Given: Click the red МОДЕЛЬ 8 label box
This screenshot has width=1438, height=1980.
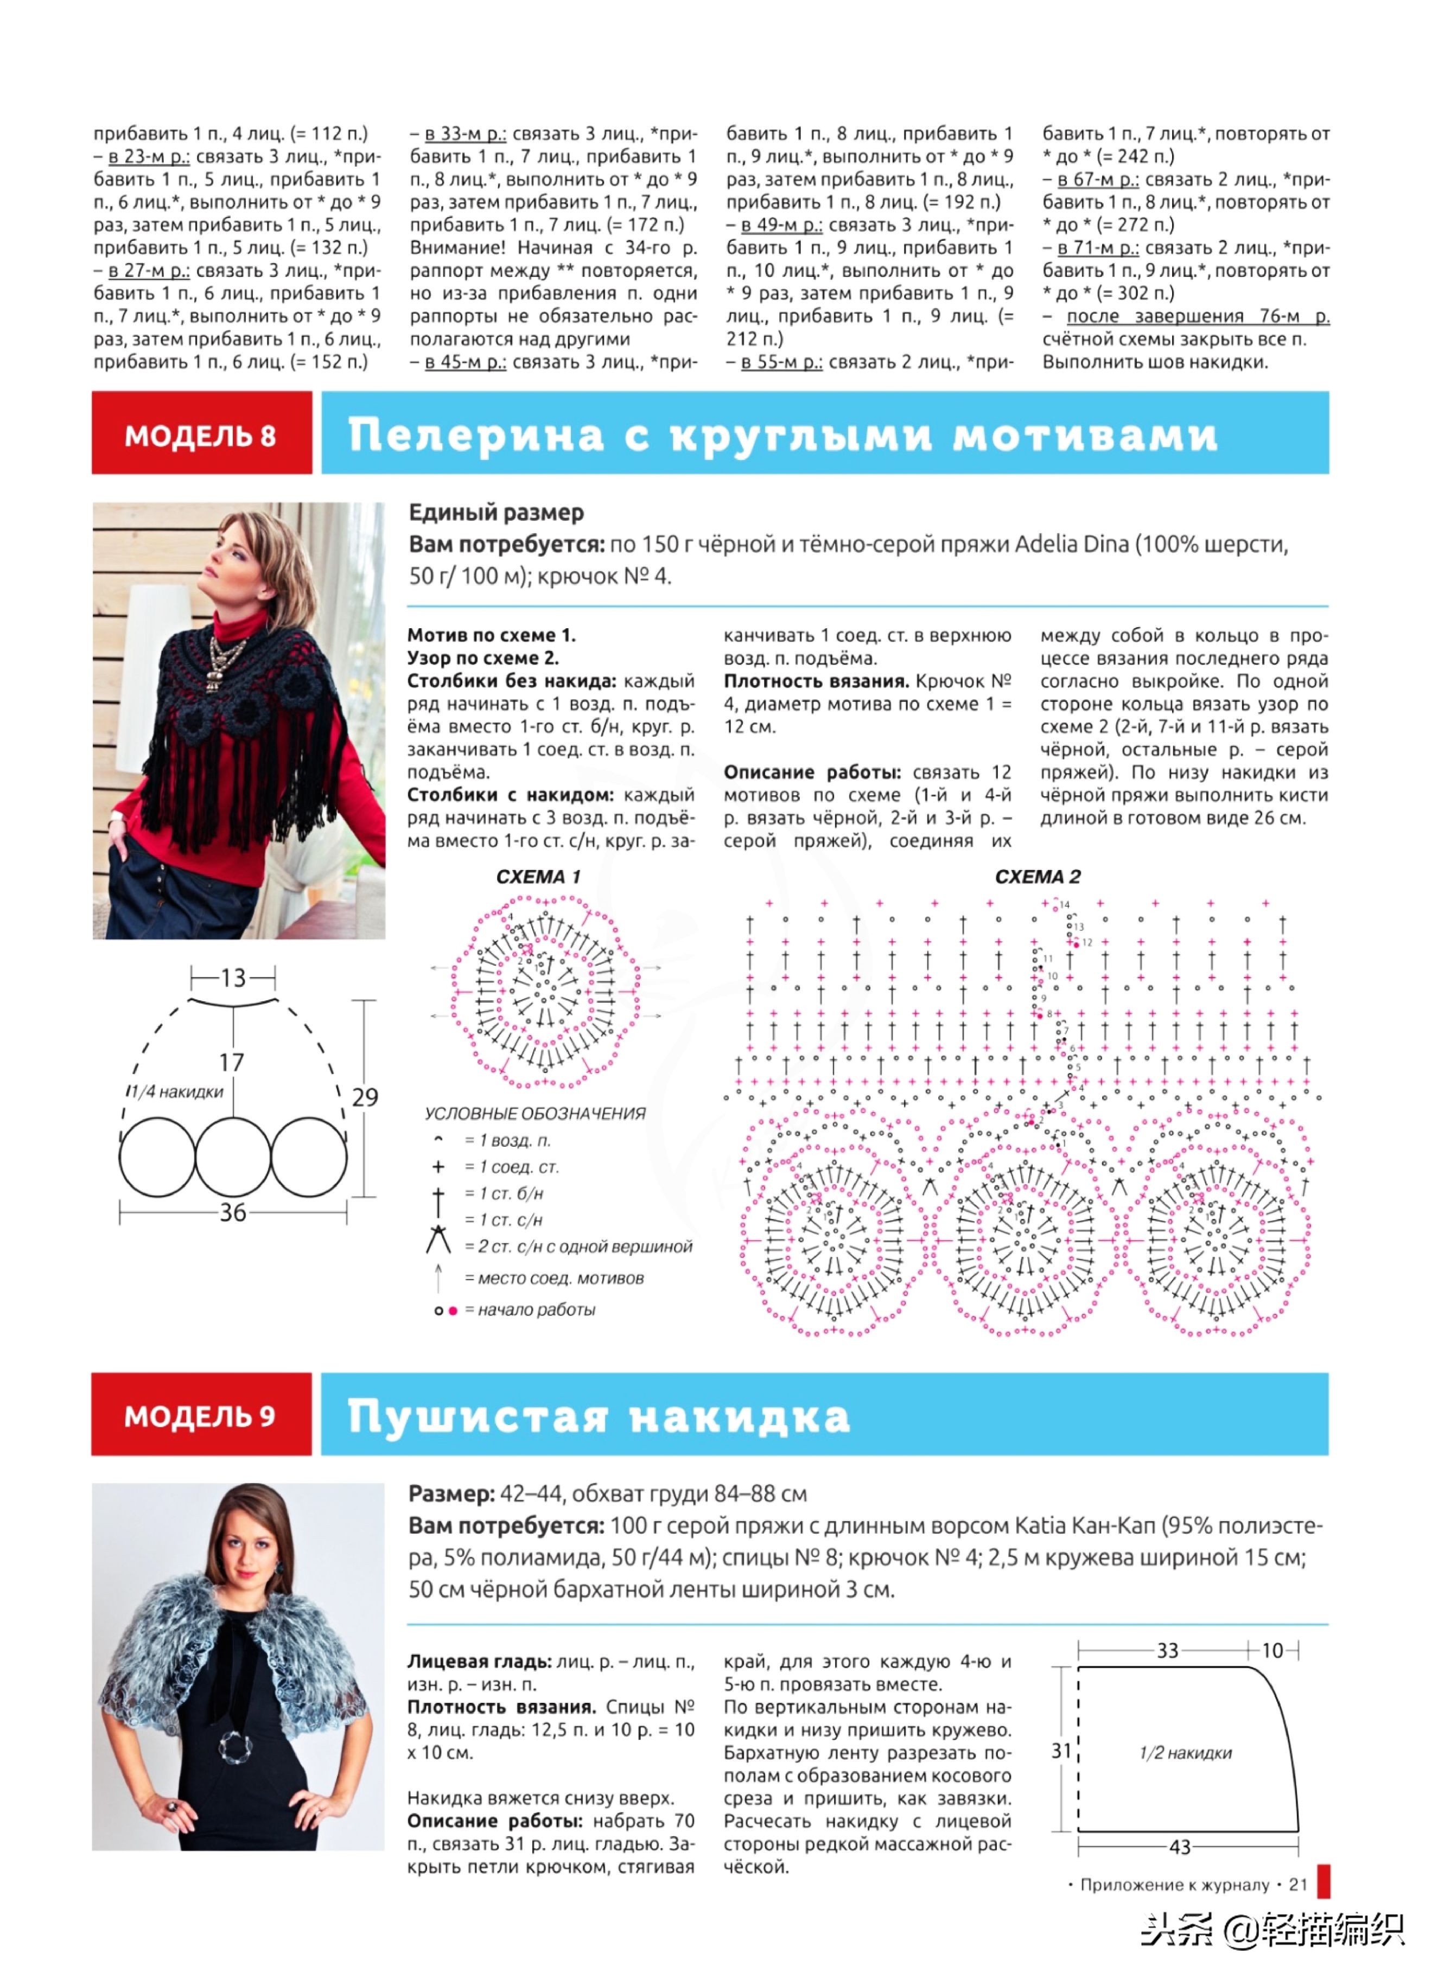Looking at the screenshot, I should pyautogui.click(x=201, y=434).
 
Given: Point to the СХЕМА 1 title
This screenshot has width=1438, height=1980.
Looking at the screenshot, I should pyautogui.click(x=538, y=877).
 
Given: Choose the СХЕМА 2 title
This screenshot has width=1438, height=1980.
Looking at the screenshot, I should pyautogui.click(x=1037, y=877).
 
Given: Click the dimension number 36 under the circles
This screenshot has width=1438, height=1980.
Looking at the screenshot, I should pyautogui.click(x=232, y=1212).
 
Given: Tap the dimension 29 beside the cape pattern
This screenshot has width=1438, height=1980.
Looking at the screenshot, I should pyautogui.click(x=365, y=1097).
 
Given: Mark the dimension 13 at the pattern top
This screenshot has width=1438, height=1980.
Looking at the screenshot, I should pyautogui.click(x=233, y=978).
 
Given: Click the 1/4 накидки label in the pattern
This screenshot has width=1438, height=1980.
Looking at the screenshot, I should pyautogui.click(x=175, y=1091).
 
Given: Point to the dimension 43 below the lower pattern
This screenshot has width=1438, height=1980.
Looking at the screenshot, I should pyautogui.click(x=1180, y=1847).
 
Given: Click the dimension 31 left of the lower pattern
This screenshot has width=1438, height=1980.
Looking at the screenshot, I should pyautogui.click(x=1061, y=1749).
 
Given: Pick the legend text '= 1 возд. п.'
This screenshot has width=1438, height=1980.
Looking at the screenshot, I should pyautogui.click(x=507, y=1140).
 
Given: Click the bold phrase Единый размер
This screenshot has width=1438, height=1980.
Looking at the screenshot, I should pyautogui.click(x=496, y=513).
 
